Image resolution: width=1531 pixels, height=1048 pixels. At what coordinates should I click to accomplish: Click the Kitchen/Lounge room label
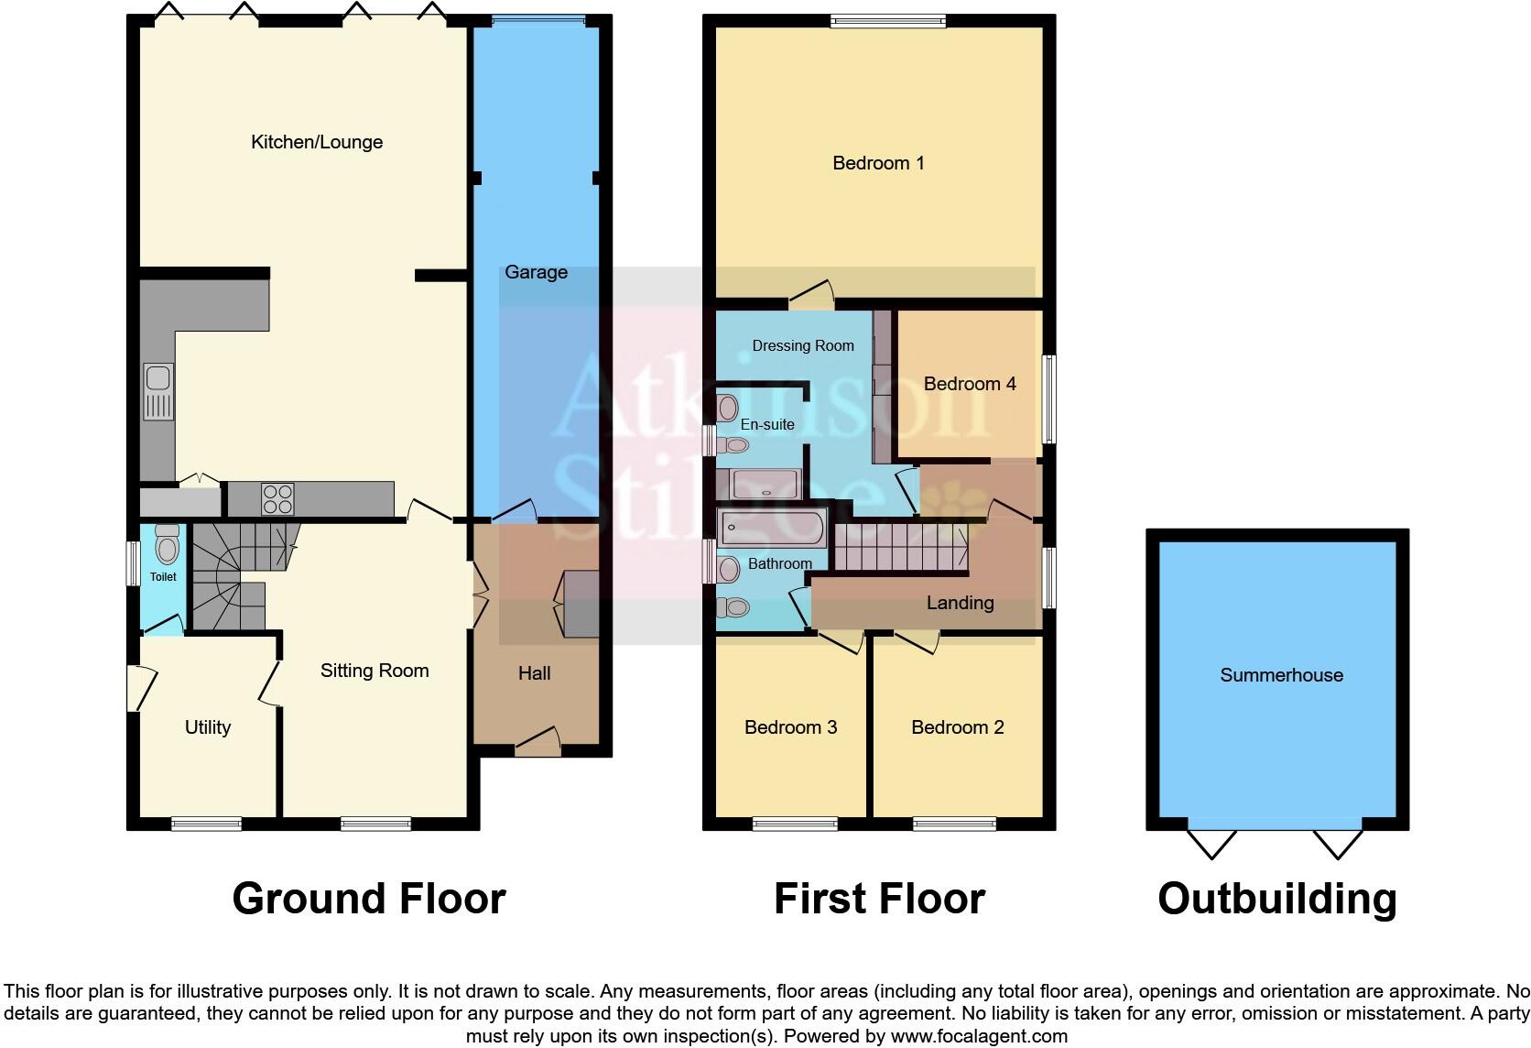click(x=317, y=142)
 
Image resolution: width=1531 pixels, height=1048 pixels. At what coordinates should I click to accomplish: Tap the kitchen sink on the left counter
click(x=157, y=392)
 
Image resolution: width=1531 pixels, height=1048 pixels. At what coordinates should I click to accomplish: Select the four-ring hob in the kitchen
click(x=278, y=499)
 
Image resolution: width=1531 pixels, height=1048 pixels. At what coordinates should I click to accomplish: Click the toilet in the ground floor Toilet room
click(x=167, y=546)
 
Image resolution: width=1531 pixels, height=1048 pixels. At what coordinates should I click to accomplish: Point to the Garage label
click(x=536, y=272)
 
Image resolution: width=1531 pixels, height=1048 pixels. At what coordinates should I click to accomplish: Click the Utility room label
click(x=208, y=727)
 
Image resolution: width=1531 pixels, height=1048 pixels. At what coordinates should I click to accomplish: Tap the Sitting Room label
click(x=375, y=671)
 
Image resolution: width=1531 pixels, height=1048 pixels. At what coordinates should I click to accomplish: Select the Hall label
click(x=534, y=673)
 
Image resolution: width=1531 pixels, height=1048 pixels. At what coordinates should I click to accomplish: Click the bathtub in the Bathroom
click(x=773, y=529)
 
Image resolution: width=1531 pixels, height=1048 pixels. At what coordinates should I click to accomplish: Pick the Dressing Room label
click(x=803, y=345)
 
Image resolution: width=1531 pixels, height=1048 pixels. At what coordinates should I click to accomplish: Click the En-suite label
click(x=767, y=424)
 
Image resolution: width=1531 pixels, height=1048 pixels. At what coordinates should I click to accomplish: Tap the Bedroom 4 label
click(x=970, y=384)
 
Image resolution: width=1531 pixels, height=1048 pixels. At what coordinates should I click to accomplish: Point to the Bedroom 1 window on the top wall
click(x=887, y=22)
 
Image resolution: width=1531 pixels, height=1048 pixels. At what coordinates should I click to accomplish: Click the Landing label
click(x=960, y=603)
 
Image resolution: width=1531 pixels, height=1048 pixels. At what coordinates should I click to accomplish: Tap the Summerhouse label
click(x=1281, y=675)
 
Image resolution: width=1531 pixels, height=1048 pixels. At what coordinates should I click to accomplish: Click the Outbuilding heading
click(x=1276, y=899)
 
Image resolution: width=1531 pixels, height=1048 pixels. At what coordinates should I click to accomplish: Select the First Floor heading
click(x=879, y=899)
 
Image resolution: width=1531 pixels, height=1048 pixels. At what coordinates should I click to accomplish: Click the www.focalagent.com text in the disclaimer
click(x=979, y=1036)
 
